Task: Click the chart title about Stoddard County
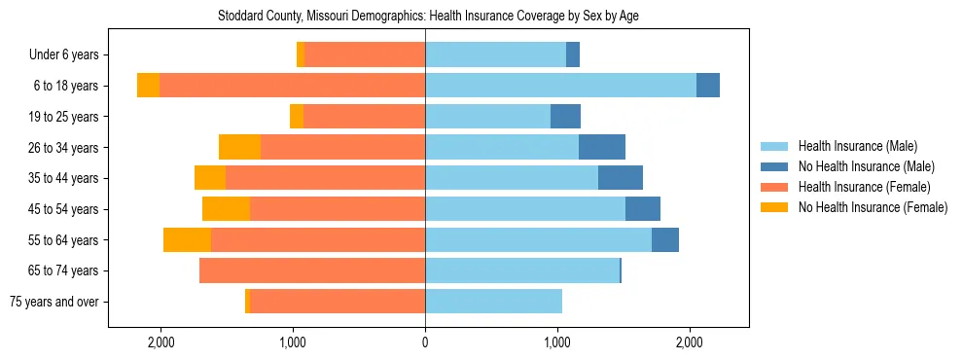tap(481, 16)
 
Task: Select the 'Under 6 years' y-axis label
tap(69, 55)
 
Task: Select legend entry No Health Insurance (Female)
tap(873, 207)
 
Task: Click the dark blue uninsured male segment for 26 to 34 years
tap(602, 148)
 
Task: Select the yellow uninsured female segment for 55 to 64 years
tap(187, 240)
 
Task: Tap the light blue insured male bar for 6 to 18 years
tap(560, 86)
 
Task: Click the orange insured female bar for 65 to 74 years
tap(312, 270)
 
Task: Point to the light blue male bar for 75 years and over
tap(493, 302)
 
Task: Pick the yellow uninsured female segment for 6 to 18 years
tap(148, 86)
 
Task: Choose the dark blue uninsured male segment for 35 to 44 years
tap(621, 178)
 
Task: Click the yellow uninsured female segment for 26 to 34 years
tap(239, 148)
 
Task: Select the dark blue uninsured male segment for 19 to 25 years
tap(565, 117)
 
